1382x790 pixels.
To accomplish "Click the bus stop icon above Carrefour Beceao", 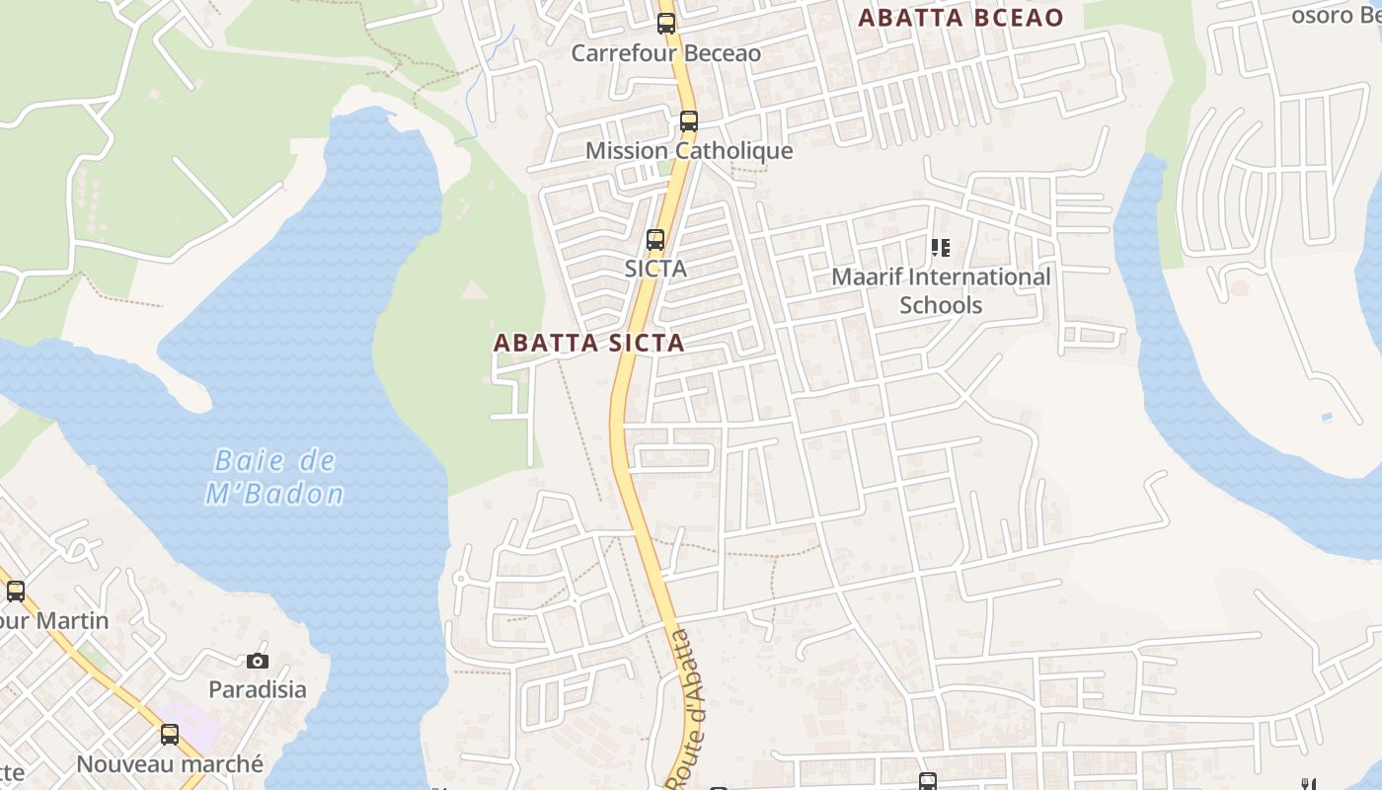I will pos(666,24).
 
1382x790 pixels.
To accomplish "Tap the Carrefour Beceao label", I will pos(666,52).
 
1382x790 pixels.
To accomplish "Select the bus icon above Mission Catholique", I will pos(688,121).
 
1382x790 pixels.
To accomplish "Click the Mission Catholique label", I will pos(689,151).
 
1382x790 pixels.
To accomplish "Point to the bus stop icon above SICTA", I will pos(655,239).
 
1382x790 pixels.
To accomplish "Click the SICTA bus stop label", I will pos(655,268).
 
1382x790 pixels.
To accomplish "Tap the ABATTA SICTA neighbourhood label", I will pos(588,343).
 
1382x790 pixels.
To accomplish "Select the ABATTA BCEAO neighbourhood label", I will pos(960,18).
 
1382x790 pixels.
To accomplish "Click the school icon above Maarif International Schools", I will pos(940,247).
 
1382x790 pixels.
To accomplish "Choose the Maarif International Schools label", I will pos(941,290).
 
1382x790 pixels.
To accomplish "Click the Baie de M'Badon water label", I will pos(274,477).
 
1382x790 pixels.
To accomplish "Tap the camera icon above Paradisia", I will pos(258,661).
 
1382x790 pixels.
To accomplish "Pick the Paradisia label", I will pos(258,689).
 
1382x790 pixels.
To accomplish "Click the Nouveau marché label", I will pos(170,763).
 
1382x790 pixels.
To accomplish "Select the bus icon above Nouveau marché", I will pos(170,735).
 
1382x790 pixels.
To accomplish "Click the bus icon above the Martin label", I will pos(15,592).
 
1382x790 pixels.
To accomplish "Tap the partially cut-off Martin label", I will pos(53,621).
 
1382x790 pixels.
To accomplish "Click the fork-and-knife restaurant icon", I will pos(1309,784).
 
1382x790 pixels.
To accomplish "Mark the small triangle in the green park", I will pos(475,288).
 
